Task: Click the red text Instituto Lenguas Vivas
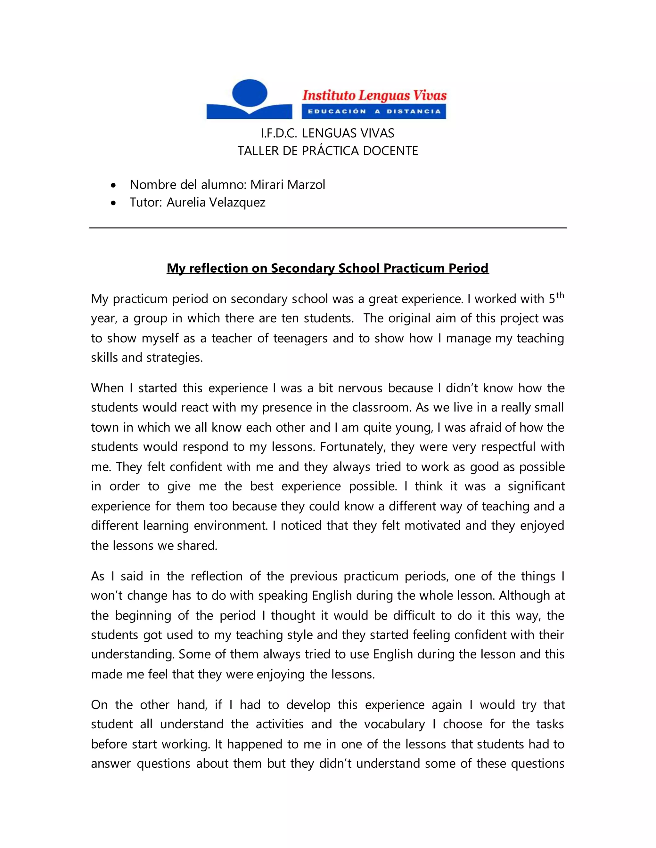[x=374, y=95]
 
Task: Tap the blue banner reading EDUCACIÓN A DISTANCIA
[x=374, y=111]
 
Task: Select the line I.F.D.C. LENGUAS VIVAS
[x=327, y=133]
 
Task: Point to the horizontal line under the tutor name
[x=328, y=228]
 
